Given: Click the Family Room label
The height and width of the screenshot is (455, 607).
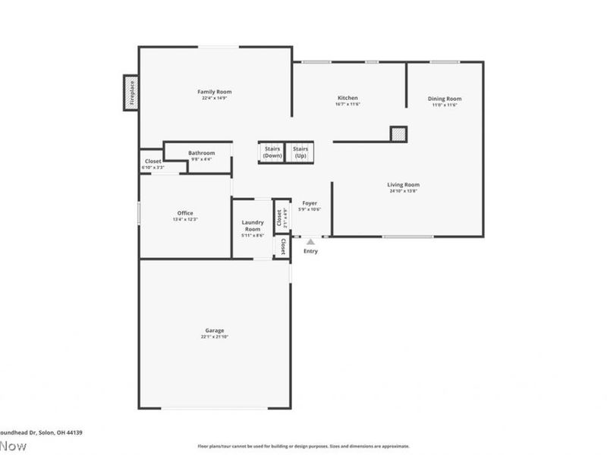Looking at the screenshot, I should pyautogui.click(x=215, y=92).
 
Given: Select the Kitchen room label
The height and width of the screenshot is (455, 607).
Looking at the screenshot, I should pyautogui.click(x=348, y=98).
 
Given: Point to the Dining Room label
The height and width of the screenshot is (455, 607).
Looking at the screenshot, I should pyautogui.click(x=444, y=99).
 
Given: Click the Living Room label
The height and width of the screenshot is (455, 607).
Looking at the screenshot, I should pyautogui.click(x=404, y=184).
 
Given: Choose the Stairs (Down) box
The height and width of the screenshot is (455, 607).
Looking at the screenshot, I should pyautogui.click(x=272, y=152).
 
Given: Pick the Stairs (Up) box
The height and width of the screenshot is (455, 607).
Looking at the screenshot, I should pyautogui.click(x=300, y=152).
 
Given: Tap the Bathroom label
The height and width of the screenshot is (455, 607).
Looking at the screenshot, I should pyautogui.click(x=201, y=153).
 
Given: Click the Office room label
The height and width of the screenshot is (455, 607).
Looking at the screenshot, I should pyautogui.click(x=185, y=213).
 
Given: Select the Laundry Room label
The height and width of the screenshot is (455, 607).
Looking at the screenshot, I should pyautogui.click(x=252, y=225).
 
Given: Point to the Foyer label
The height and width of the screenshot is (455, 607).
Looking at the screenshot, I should pyautogui.click(x=310, y=203).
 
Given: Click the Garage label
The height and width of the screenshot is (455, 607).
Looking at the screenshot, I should pyautogui.click(x=214, y=331).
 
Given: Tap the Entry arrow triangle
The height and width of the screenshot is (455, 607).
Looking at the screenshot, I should pyautogui.click(x=310, y=241).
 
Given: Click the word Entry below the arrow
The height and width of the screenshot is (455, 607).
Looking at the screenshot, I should pyautogui.click(x=311, y=251).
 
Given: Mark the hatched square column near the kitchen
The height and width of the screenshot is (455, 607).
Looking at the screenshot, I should pyautogui.click(x=398, y=134).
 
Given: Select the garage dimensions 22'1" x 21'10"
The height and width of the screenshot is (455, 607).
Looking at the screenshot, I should pyautogui.click(x=215, y=337).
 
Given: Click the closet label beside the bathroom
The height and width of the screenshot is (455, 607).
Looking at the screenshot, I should pyautogui.click(x=153, y=162).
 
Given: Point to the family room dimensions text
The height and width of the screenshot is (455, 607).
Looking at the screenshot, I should pyautogui.click(x=215, y=99).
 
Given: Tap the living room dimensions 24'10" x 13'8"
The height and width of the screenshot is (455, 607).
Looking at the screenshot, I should pyautogui.click(x=404, y=191).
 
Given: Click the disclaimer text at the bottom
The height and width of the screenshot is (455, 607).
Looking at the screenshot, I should pyautogui.click(x=303, y=446).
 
